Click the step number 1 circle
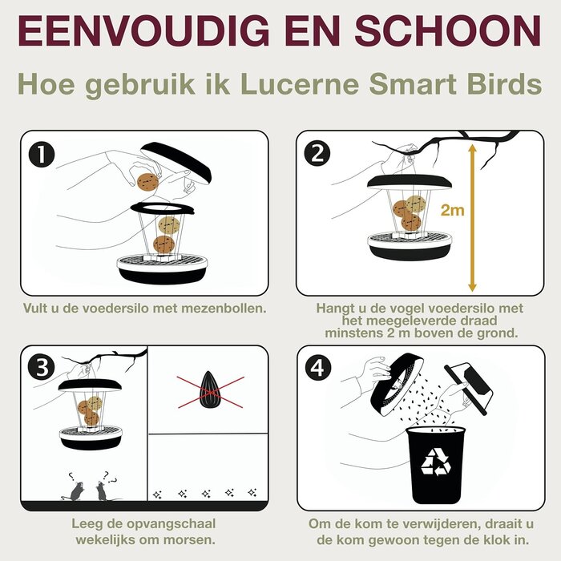[x=42, y=154]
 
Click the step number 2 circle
[x=318, y=154]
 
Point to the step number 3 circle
[x=42, y=368]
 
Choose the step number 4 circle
[x=318, y=368]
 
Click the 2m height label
[x=452, y=211]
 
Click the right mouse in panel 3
[x=102, y=489]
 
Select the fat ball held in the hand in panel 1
[x=147, y=182]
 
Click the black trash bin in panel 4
[x=437, y=465]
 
